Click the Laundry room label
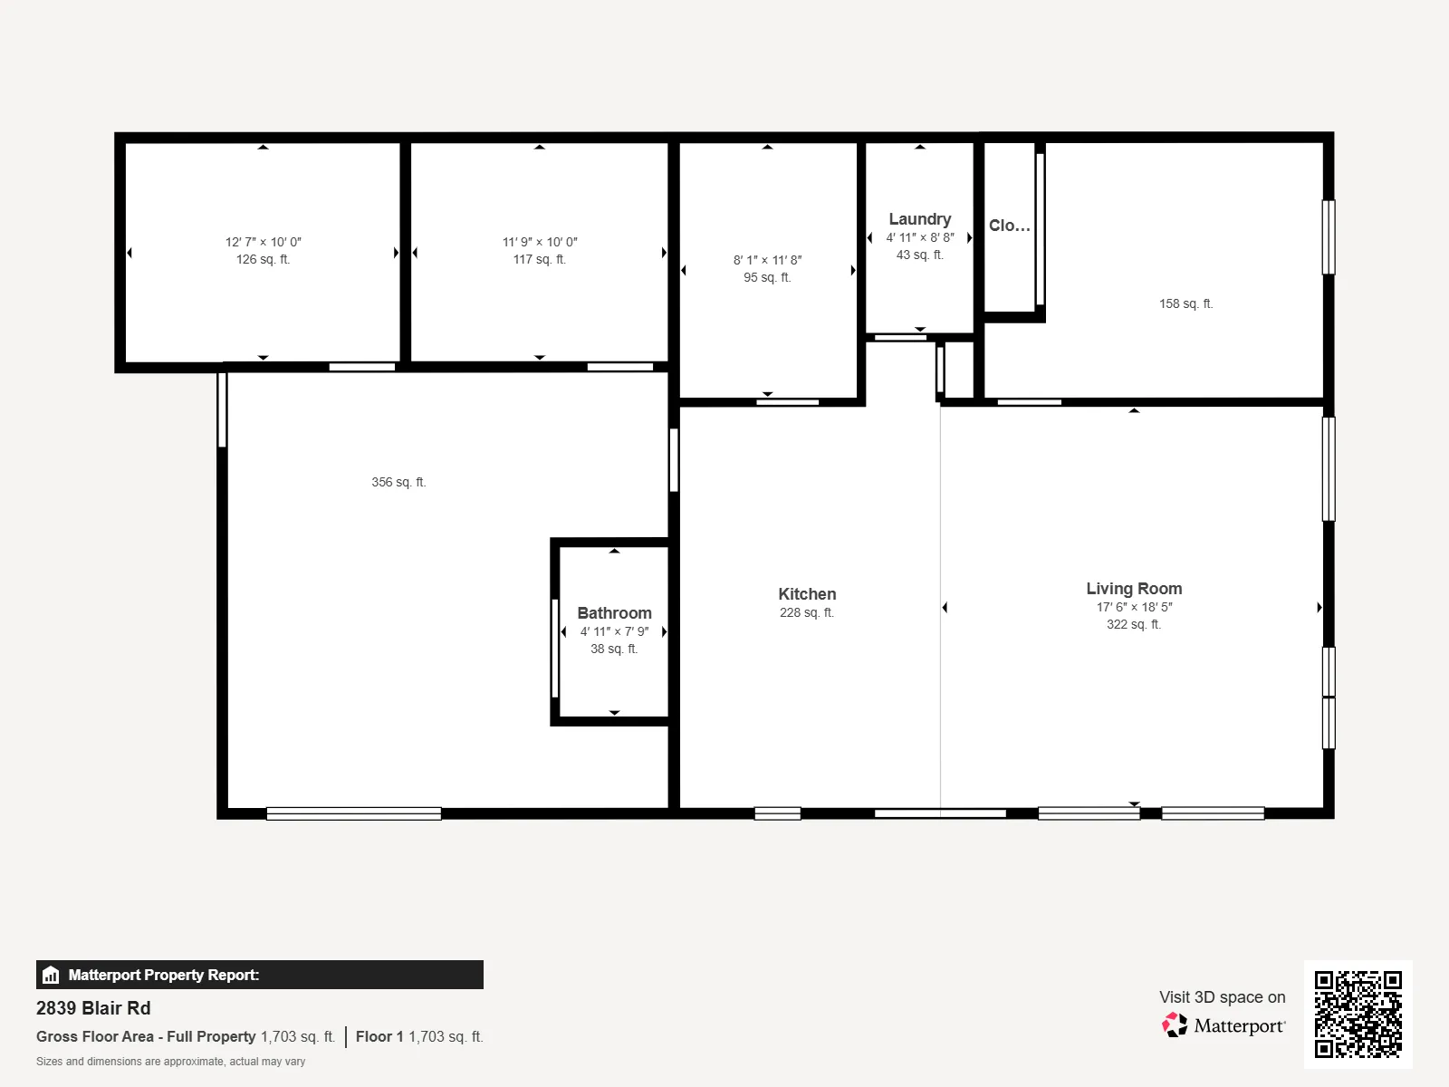point(919,219)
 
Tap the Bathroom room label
point(614,613)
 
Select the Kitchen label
point(807,594)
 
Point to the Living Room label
point(1134,589)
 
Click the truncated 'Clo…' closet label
point(1010,226)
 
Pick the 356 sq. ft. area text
point(398,483)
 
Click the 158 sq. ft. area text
point(1185,303)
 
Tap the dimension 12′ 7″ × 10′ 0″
point(264,242)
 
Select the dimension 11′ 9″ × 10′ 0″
point(540,242)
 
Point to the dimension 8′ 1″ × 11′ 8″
point(767,260)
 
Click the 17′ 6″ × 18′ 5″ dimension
point(1134,607)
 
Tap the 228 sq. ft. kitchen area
point(807,612)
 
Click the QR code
point(1358,1014)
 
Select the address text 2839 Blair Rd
point(93,1008)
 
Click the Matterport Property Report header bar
point(259,975)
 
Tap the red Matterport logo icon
point(1175,1025)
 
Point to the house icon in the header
point(51,975)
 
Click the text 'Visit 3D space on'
point(1222,997)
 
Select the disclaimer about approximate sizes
point(170,1062)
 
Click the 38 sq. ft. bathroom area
point(614,649)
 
